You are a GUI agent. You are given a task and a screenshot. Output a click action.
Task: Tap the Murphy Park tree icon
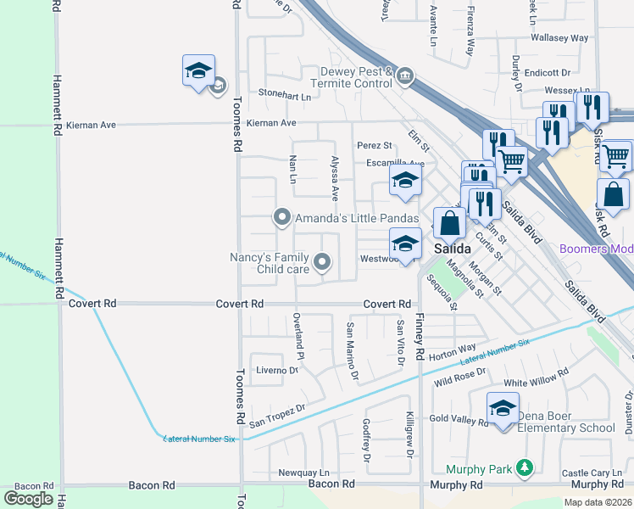(526, 467)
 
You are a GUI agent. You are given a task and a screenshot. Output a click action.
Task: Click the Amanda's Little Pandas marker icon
(282, 218)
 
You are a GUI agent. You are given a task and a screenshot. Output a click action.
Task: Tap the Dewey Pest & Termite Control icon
(405, 77)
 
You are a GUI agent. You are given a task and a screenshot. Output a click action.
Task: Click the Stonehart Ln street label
(285, 94)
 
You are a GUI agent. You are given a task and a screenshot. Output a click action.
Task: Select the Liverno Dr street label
(277, 370)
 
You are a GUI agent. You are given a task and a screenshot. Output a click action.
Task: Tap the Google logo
(29, 499)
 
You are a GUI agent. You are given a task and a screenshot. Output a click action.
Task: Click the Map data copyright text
(597, 502)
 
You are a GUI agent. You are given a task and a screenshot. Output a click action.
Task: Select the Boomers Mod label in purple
(597, 249)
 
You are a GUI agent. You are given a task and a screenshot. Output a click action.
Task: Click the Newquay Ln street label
(303, 473)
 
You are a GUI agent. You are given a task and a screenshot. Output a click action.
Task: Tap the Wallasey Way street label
(559, 38)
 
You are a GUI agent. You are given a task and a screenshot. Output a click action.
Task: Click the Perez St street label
(374, 146)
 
